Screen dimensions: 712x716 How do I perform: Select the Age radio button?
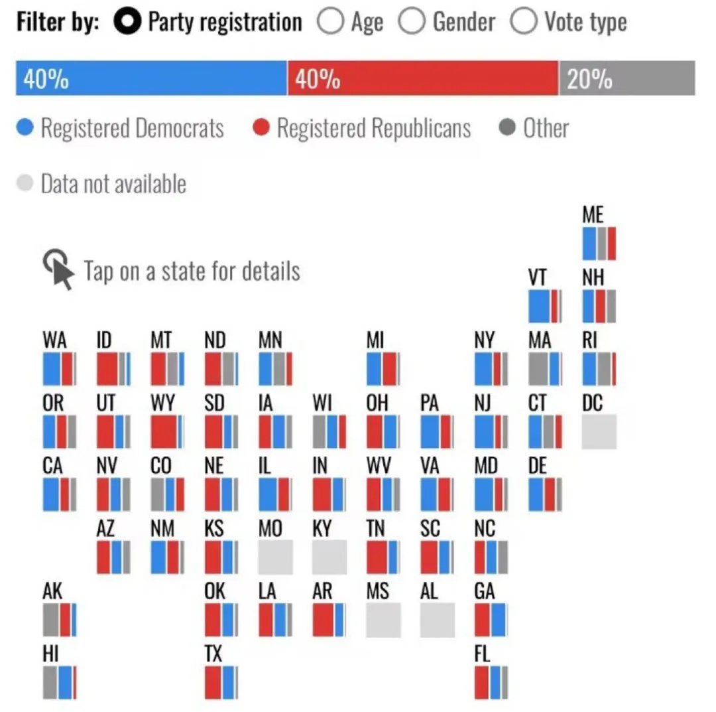(330, 22)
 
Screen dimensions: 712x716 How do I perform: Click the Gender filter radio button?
(412, 22)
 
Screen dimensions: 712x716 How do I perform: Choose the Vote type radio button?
(524, 22)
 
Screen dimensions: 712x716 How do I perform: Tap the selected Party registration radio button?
(127, 22)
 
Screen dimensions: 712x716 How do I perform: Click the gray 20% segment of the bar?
(626, 78)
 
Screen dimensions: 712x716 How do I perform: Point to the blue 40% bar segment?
(151, 78)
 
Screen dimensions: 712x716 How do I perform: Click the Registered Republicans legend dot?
(262, 127)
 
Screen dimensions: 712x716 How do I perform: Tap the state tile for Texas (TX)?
(221, 682)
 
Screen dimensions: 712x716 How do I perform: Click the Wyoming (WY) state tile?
(167, 431)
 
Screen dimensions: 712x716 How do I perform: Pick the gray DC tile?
(599, 431)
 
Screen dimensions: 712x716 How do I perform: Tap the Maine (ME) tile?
(599, 244)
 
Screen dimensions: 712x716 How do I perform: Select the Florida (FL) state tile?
(491, 682)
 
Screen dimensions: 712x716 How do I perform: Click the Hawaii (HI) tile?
(60, 682)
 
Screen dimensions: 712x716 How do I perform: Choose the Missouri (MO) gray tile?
(275, 557)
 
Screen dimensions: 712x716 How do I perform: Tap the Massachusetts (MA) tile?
(545, 369)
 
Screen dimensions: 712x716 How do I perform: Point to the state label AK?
(52, 591)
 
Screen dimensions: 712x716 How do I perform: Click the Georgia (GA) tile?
(491, 620)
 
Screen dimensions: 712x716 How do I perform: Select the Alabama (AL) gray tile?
(437, 620)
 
